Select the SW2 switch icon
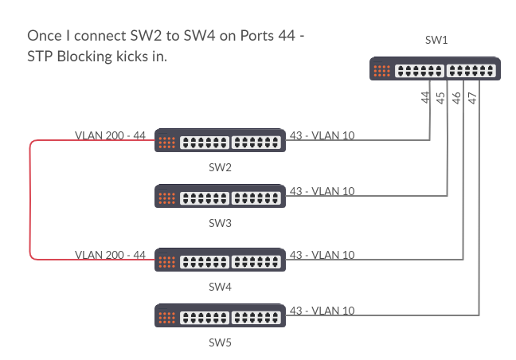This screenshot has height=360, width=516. click(220, 142)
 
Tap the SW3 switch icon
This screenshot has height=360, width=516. click(220, 197)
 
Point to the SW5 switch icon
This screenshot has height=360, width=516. click(220, 317)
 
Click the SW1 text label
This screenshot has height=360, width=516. click(436, 41)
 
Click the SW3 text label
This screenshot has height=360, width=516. click(220, 223)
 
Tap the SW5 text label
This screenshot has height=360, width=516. click(220, 343)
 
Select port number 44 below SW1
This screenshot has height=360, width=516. click(426, 98)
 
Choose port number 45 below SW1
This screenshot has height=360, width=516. click(441, 98)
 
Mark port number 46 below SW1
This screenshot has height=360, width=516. click(457, 98)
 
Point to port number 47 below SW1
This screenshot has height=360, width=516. click(473, 98)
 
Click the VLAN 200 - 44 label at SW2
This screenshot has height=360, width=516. click(110, 135)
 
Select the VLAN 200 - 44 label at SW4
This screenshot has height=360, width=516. click(110, 255)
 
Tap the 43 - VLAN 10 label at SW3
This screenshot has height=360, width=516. click(322, 191)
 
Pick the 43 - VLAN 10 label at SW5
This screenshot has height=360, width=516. click(322, 311)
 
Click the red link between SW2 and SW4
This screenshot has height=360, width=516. click(31, 199)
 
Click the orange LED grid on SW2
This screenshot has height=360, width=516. click(166, 143)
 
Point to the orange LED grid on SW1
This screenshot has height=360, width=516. click(382, 70)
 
